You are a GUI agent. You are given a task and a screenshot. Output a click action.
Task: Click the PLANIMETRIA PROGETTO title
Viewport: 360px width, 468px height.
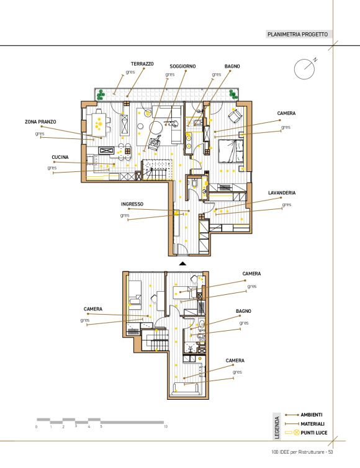[x=297, y=34]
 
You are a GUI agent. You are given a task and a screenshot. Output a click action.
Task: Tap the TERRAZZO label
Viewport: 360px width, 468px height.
[x=142, y=64]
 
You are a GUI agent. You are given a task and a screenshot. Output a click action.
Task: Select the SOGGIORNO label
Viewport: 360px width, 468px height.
[x=182, y=66]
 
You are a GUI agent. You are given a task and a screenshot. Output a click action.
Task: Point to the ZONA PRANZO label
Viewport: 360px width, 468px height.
[x=40, y=122]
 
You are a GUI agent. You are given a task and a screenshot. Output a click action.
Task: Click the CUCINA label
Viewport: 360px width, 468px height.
[x=60, y=157]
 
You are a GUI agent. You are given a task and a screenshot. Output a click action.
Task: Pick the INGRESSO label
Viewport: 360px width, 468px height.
[x=132, y=204]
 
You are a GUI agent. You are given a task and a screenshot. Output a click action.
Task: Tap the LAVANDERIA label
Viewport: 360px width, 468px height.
[x=282, y=193]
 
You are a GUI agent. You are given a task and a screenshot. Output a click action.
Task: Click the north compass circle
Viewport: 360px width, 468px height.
[x=304, y=70]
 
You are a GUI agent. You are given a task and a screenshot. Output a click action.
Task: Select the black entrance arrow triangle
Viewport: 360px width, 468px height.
[x=182, y=264]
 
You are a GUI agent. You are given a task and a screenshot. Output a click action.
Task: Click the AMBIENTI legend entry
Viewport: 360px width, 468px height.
[x=312, y=415]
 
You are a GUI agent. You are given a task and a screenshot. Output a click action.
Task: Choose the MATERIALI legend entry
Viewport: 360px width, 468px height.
[x=312, y=424]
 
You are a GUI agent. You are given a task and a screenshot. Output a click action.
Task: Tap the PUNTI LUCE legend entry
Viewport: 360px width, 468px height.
[x=313, y=433]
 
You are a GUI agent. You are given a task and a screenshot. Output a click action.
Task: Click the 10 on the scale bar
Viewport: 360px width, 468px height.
[x=165, y=426]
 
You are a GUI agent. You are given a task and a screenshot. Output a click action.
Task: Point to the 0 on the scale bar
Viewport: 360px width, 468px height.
[x=37, y=427]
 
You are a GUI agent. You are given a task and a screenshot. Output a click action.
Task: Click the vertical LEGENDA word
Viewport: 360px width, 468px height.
[x=277, y=428]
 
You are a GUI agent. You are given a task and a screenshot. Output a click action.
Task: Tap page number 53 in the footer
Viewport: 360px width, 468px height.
[x=330, y=452]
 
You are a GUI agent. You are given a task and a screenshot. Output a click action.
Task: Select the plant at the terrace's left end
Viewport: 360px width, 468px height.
[x=101, y=94]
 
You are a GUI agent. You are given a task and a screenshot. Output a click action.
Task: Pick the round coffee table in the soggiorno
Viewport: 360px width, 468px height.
[x=156, y=128]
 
